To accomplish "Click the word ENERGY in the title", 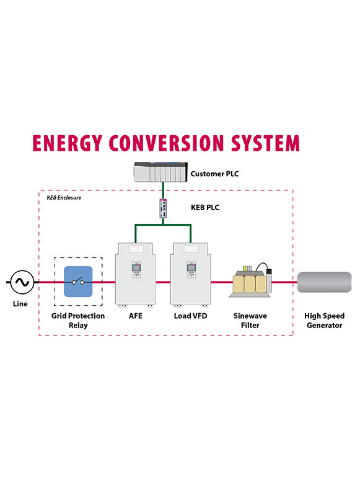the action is (67, 143).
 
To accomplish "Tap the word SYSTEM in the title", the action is (265, 143).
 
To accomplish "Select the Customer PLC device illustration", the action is (160, 172).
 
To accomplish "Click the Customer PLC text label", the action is (214, 174).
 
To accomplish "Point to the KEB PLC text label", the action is (205, 207).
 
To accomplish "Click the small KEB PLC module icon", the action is (163, 208).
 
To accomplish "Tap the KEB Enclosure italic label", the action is (64, 198).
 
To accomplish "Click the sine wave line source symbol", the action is (22, 282).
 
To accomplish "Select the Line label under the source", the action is (20, 304).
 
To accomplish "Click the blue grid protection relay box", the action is (78, 282).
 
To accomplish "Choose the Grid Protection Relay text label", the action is (78, 321).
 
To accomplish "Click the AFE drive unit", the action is (136, 275).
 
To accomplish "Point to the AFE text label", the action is (136, 316).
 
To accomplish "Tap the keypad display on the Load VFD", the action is (191, 268).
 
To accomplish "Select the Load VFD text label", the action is (190, 316).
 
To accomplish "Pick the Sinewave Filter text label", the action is (250, 321).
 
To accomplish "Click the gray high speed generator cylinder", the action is (324, 282).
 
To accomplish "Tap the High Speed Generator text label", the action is (324, 321).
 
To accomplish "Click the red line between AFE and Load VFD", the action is (163, 282).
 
